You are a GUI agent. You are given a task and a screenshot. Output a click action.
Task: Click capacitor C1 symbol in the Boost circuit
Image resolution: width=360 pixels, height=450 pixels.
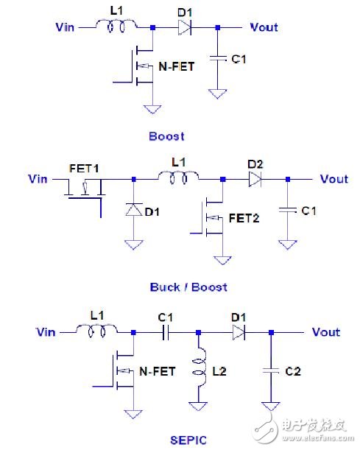(x=216, y=59)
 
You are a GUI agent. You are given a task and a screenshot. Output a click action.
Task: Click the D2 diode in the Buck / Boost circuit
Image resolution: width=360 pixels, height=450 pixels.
(x=255, y=178)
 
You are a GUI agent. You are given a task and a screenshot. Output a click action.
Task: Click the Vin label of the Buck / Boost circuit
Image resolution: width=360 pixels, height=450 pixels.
(x=38, y=178)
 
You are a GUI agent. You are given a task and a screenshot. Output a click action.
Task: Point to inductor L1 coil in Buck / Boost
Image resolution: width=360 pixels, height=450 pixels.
(x=177, y=177)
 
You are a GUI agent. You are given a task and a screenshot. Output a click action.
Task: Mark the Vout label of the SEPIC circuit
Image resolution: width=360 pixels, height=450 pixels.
(x=325, y=333)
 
